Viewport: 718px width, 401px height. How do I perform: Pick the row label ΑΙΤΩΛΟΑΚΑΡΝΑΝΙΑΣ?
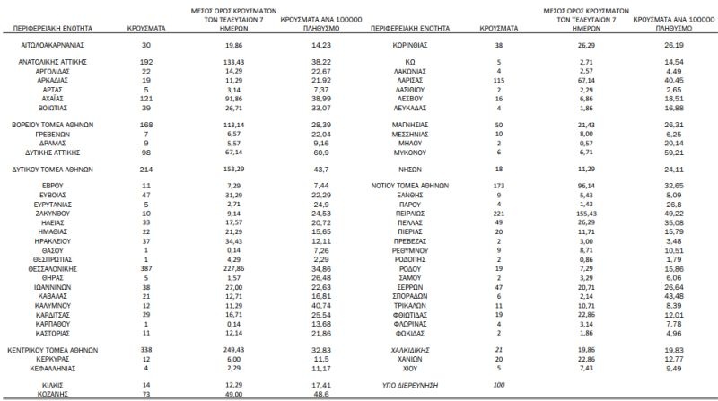point(51,43)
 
